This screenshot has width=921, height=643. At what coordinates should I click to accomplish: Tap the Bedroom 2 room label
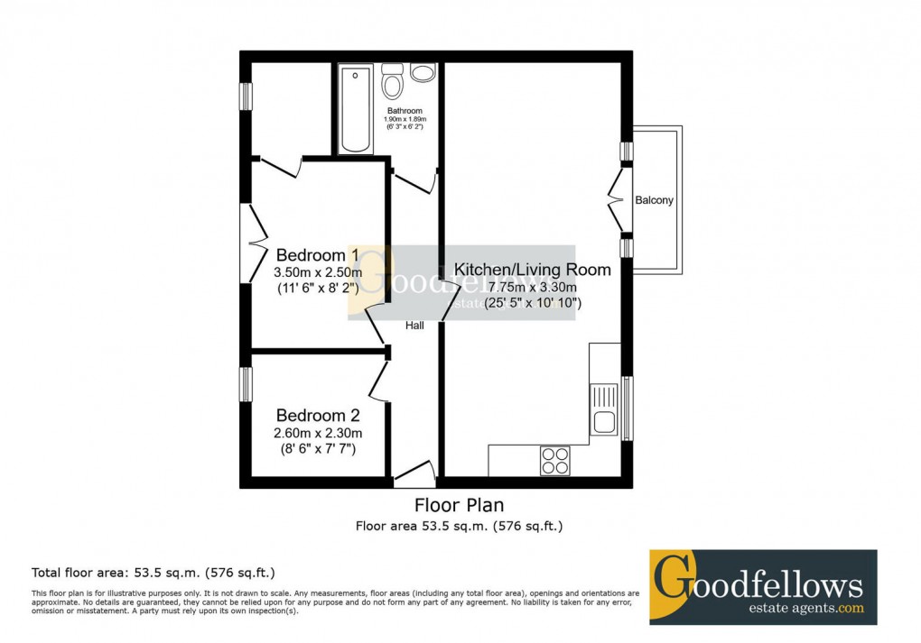click(x=317, y=416)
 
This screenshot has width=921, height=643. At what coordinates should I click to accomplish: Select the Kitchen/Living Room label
click(x=532, y=270)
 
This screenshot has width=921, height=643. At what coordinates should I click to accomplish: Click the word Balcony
click(x=654, y=200)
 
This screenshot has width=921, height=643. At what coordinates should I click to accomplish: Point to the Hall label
click(x=414, y=326)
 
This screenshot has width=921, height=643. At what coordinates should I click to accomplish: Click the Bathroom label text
click(x=404, y=111)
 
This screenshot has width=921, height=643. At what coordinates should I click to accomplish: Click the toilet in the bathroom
click(x=392, y=82)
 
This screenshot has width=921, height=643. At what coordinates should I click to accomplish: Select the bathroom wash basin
click(x=422, y=73)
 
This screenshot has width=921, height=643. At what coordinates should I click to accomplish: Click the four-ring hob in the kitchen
click(x=554, y=461)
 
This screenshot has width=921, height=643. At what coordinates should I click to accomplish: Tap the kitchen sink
click(x=603, y=409)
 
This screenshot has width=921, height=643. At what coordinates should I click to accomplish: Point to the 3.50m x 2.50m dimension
click(x=317, y=272)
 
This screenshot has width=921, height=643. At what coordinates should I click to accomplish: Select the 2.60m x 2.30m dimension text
click(x=317, y=433)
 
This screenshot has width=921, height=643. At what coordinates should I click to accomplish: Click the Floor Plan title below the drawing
click(x=459, y=505)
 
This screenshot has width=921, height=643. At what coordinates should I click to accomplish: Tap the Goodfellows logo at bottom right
click(x=763, y=587)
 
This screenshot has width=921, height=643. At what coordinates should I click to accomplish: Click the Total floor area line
click(x=153, y=572)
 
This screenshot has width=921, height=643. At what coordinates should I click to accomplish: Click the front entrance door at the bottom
click(x=415, y=473)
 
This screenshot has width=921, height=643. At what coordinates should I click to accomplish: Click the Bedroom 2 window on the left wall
click(x=245, y=384)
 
